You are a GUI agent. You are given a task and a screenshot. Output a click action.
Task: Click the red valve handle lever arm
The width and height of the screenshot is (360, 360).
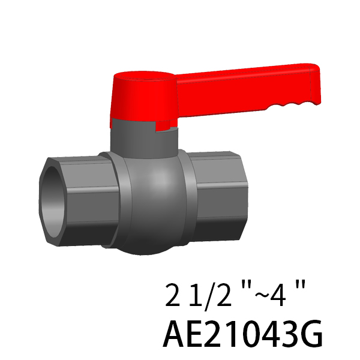point(245,89)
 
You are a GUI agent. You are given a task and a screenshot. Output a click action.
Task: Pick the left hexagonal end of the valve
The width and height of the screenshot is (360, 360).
point(78,201)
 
